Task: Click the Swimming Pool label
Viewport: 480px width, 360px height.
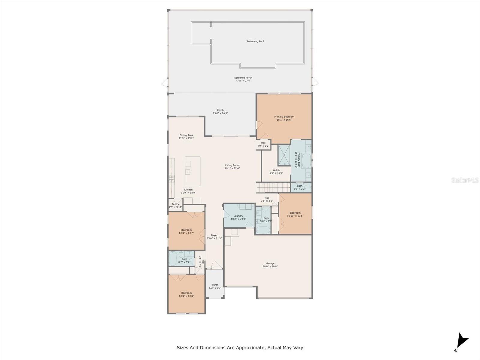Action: click(255, 41)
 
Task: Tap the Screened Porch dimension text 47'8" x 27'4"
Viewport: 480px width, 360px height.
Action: click(243, 81)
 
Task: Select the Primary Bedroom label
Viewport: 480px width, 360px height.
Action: click(284, 117)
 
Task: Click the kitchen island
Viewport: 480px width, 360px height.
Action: click(192, 171)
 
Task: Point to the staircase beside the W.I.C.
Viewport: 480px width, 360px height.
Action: click(273, 188)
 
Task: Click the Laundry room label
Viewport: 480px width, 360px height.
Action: click(238, 216)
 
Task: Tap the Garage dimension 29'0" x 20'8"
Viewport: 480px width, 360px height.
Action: click(270, 266)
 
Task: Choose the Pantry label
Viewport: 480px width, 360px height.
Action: click(175, 204)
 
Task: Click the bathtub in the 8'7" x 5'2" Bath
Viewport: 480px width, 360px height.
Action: click(172, 259)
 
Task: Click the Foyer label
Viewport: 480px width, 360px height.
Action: click(214, 235)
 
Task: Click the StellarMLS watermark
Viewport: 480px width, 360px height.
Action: click(465, 180)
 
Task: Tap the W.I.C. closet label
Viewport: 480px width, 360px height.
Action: click(276, 170)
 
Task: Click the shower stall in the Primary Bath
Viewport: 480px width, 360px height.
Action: click(284, 155)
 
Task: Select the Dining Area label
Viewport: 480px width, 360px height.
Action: click(186, 135)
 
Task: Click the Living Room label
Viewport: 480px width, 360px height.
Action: click(232, 165)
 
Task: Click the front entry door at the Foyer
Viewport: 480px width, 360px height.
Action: click(216, 265)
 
